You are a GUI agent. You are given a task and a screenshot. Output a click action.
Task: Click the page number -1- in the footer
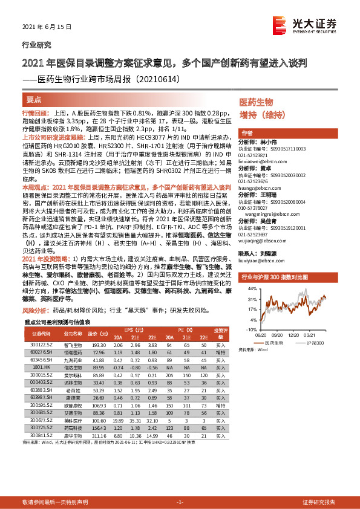[x=180, y=502]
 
